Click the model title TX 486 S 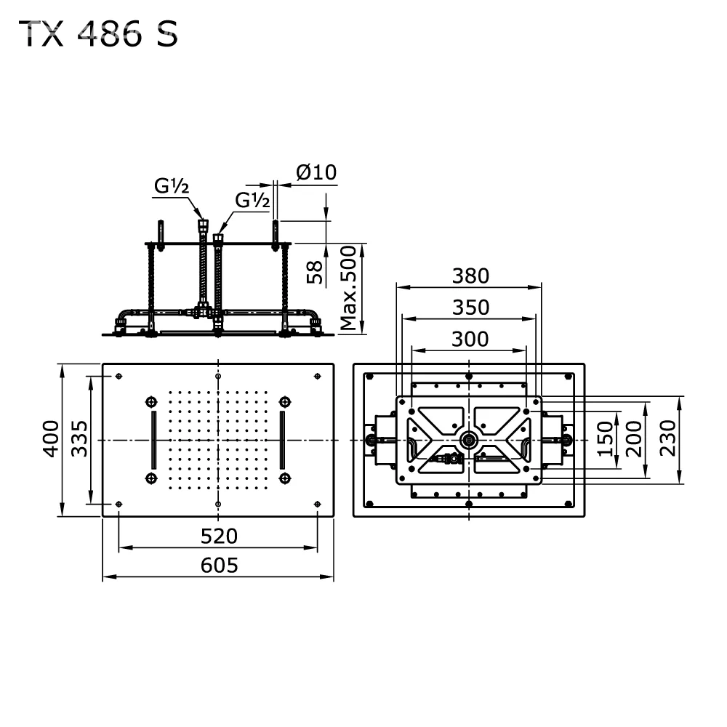pos(98,34)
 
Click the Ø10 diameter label pos(317,172)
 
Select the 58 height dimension pos(314,272)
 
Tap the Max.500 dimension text pos(348,288)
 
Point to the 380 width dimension pos(470,276)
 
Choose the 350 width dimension pos(470,308)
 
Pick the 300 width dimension pos(470,340)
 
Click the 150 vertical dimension pos(605,438)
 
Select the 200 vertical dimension pos(633,438)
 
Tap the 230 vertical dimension pos(667,438)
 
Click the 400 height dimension pos(51,438)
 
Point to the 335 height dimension pos(79,438)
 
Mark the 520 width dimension pos(219,537)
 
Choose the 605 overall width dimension pos(220,565)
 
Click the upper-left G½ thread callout pos(172,186)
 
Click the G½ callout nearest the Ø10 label pos(252,200)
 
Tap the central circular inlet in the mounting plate pos(469,440)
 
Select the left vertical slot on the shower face pos(154,440)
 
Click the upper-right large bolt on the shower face pos(285,401)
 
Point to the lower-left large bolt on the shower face pos(151,478)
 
